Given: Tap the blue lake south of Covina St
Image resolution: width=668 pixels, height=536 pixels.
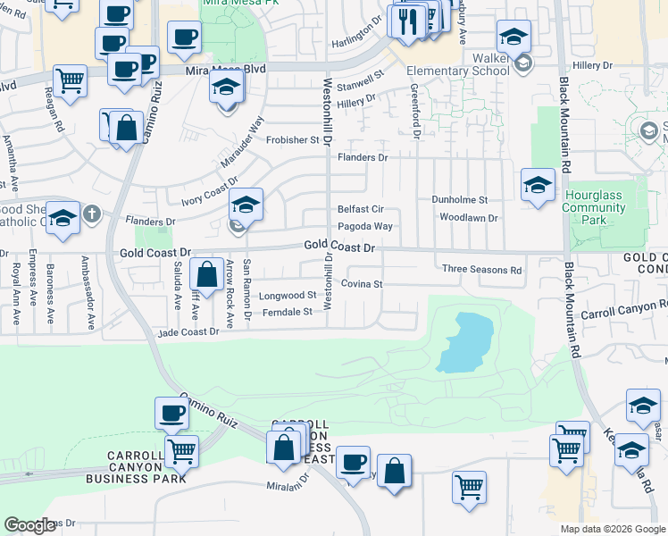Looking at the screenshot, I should point(463,343).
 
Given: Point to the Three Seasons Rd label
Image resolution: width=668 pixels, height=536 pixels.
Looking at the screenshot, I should point(481,270).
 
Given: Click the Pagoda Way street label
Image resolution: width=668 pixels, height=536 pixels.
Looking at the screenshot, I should point(365,227).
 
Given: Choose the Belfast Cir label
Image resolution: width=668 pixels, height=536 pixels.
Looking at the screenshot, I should point(360,208).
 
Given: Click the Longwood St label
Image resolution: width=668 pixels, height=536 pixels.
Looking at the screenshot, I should point(288,295).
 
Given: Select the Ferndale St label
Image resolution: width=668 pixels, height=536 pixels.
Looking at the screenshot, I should point(288,312).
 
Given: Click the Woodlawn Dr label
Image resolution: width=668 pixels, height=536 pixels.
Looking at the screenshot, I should point(468,217).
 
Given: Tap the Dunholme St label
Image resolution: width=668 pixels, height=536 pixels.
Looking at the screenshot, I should point(460,200).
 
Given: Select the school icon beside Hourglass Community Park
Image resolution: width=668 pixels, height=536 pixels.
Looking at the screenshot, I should point(538,186).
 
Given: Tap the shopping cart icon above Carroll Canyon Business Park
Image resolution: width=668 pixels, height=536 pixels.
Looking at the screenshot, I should point(181,451).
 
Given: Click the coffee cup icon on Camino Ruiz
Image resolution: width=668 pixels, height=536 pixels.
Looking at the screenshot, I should point(172,414).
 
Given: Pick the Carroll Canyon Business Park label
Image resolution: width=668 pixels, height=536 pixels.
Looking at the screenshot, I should point(136,467).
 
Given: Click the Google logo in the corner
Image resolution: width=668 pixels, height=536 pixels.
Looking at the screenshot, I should point(29,524).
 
